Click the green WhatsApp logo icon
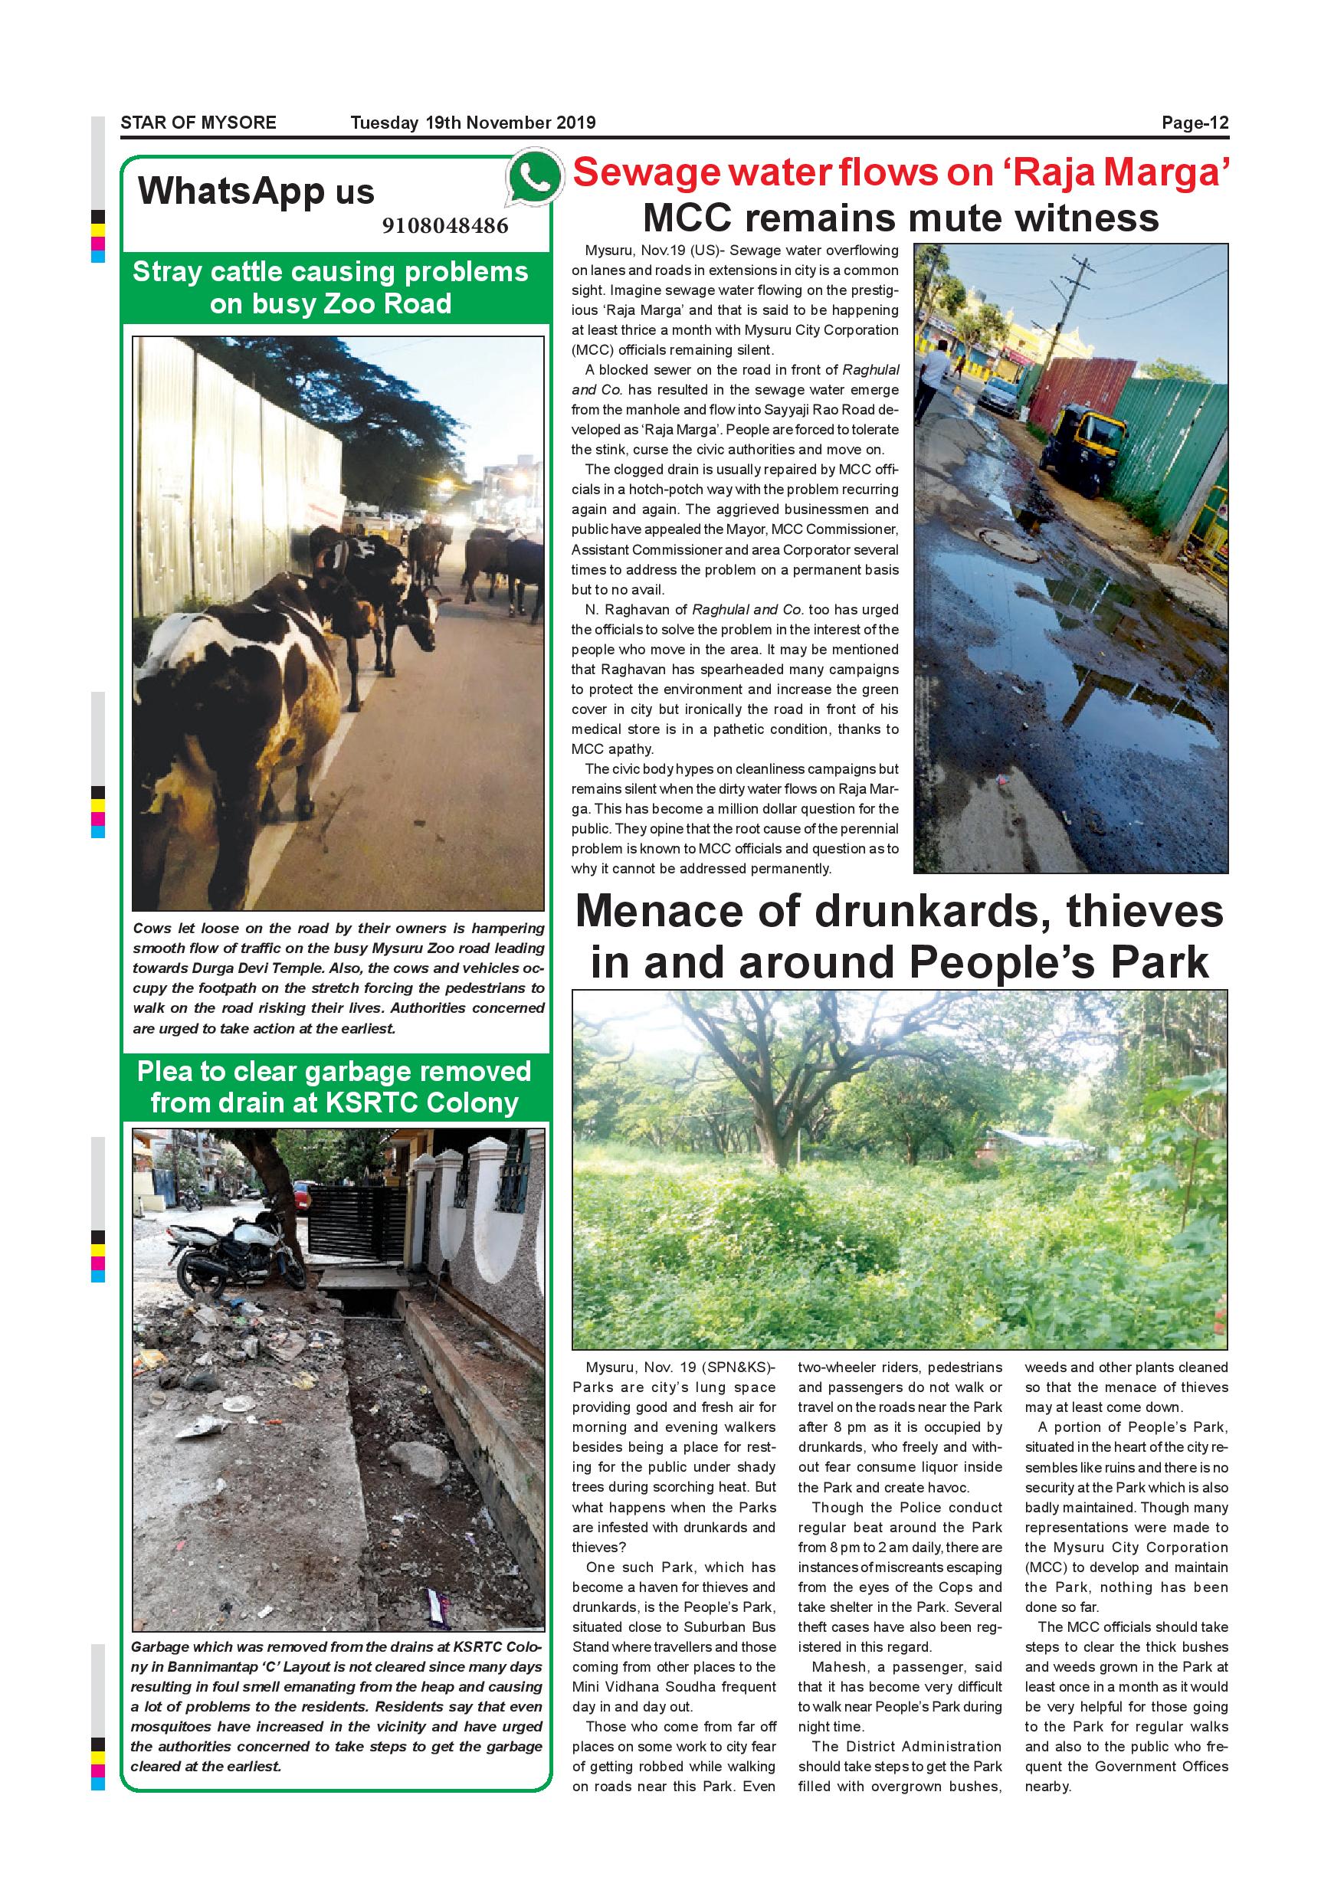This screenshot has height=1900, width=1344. coord(533,176)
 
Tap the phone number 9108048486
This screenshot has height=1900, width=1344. coord(445,226)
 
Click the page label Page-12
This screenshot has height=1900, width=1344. coord(1195,123)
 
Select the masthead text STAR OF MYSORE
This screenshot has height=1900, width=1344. coord(198,123)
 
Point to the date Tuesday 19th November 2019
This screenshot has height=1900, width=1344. coord(473,123)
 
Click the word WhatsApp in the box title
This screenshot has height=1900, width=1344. coord(231,192)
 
